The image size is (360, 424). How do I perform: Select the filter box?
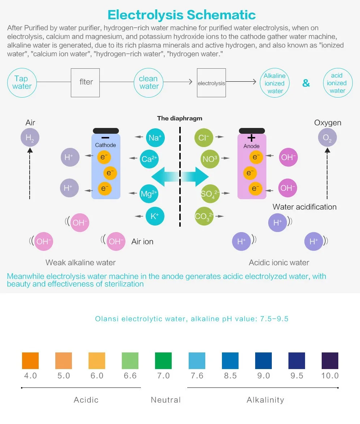pyautogui.click(x=85, y=82)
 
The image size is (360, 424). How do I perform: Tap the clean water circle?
pyautogui.click(x=149, y=83)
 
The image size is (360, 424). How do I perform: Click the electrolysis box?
pyautogui.click(x=211, y=83)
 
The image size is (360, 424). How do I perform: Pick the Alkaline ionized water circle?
pyautogui.click(x=275, y=83)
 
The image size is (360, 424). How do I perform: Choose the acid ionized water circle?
pyautogui.click(x=337, y=83)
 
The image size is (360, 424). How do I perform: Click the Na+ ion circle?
pyautogui.click(x=155, y=138)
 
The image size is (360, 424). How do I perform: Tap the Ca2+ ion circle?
pyautogui.click(x=150, y=159)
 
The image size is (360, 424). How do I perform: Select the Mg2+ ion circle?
pyautogui.click(x=149, y=194)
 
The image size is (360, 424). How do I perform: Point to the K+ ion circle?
pyautogui.click(x=155, y=217)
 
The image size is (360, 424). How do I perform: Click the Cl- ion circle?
pyautogui.click(x=204, y=138)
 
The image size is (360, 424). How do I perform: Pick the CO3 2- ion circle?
pyautogui.click(x=204, y=217)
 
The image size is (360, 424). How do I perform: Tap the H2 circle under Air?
pyautogui.click(x=30, y=138)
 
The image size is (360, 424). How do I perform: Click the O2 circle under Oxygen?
pyautogui.click(x=327, y=138)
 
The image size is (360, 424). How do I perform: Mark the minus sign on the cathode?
pyautogui.click(x=105, y=138)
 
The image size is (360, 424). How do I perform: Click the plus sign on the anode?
pyautogui.click(x=251, y=138)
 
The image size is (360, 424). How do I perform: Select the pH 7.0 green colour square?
pyautogui.click(x=163, y=360)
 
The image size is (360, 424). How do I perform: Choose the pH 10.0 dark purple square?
pyautogui.click(x=330, y=360)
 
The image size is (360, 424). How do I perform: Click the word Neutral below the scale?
pyautogui.click(x=166, y=400)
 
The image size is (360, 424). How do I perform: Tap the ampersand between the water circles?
pyautogui.click(x=306, y=83)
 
